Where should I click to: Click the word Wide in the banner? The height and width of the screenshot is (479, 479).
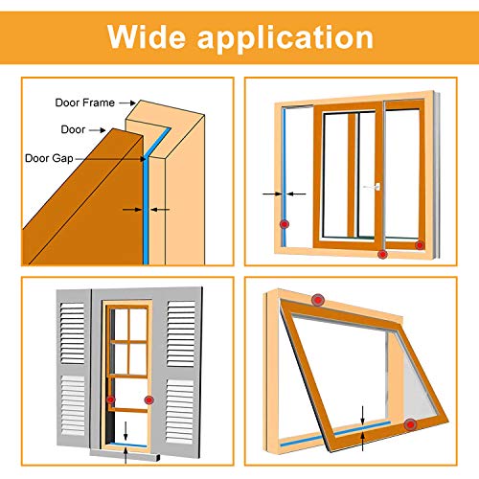pos(147,36)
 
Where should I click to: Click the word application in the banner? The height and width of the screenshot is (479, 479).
pos(285,39)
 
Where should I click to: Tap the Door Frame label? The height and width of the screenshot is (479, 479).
pos(85,103)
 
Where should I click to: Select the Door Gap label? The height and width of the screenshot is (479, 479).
pos(49,158)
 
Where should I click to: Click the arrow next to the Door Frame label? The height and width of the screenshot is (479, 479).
pos(127,103)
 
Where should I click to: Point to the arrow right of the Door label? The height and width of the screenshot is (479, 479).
pos(98,130)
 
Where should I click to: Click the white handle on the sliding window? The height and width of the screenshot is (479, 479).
pos(373,187)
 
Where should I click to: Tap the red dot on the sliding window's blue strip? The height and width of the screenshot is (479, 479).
pos(285,224)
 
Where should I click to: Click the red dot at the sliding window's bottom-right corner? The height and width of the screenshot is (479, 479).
pos(420,245)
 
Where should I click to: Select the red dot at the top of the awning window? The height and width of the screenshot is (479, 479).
pos(318,300)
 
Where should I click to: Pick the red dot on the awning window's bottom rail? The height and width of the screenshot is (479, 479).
pos(410,424)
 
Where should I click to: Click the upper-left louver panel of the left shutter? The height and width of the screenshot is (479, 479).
pos(73,332)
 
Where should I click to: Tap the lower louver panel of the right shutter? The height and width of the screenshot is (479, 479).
pos(180,411)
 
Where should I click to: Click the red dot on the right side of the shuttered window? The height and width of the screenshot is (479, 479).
pos(148,399)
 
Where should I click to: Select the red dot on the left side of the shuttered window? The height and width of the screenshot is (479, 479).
pos(110,399)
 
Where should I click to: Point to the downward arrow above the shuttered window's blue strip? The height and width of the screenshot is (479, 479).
pos(125,431)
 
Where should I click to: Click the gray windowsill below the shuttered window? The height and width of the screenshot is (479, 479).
pos(125,455)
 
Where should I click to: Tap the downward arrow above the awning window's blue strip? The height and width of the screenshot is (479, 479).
pos(362,415)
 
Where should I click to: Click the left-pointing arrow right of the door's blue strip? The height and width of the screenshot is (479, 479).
pos(160,210)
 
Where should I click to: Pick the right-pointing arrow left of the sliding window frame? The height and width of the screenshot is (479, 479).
pos(273,194)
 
